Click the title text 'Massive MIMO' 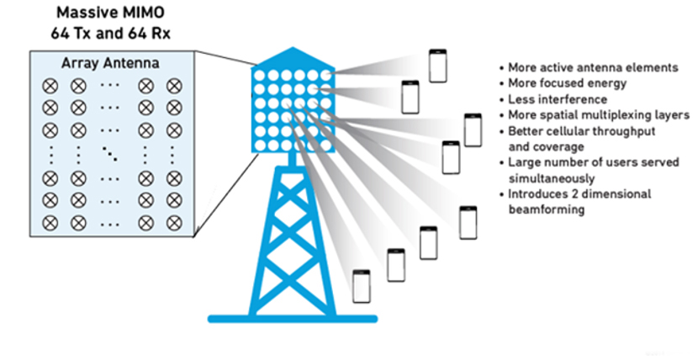(110, 15)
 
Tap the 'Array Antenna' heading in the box (110, 64)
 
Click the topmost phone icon (436, 66)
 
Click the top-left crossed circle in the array (49, 85)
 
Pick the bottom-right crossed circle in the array (174, 225)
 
